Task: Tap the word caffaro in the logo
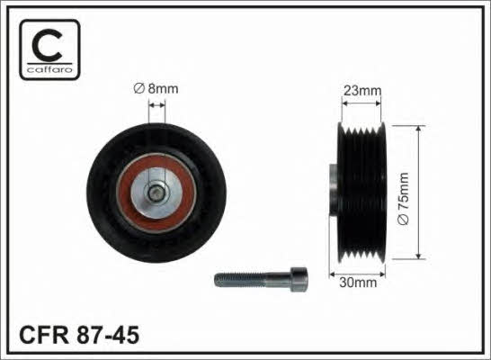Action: coord(49,69)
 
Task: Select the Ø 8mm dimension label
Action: coord(156,89)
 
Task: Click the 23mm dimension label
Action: coord(362,91)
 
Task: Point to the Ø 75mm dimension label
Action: coord(403,198)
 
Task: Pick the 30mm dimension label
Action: coord(358,283)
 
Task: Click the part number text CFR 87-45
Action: coord(79,335)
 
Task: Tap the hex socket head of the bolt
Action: coord(299,280)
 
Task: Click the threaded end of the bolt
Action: coord(240,280)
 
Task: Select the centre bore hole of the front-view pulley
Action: coord(156,193)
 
